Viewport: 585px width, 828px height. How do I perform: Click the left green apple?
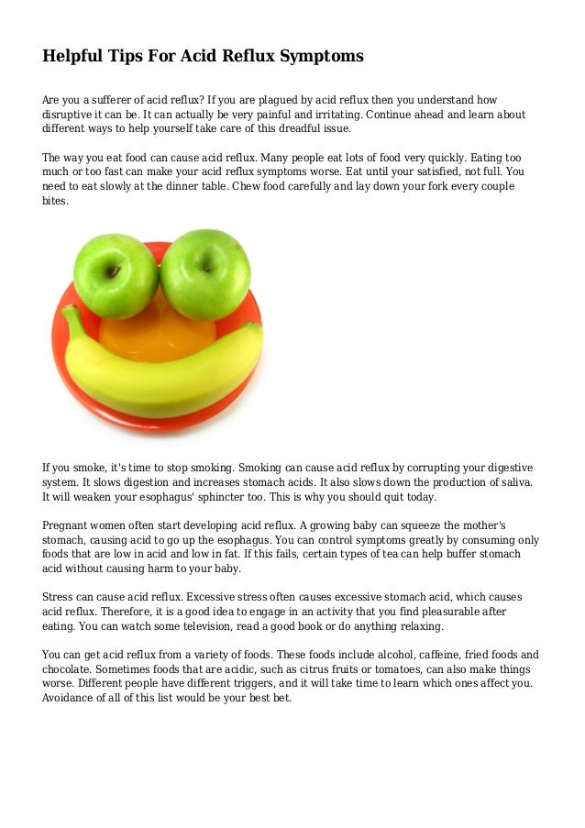coord(116,275)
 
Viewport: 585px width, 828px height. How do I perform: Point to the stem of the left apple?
coord(113,270)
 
